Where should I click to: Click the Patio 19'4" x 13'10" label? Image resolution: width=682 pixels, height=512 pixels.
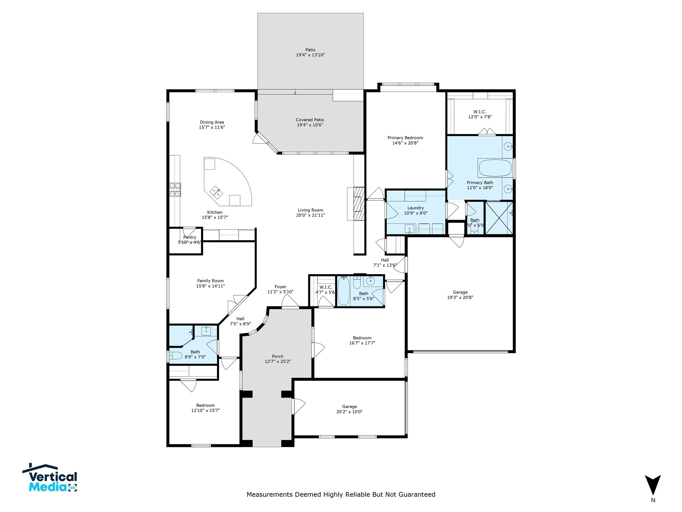310,52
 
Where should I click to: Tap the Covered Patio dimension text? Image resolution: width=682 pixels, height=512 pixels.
310,125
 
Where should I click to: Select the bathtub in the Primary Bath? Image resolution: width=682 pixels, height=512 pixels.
495,168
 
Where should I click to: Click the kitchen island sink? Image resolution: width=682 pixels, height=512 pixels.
215,192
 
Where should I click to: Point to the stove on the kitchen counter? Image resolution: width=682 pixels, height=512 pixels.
175,190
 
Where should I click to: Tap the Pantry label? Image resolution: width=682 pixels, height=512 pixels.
189,237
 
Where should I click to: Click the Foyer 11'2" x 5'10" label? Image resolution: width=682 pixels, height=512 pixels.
280,289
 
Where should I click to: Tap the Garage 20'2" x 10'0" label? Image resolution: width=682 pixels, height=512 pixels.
349,409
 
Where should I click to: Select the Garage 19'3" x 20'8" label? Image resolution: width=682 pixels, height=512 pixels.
460,295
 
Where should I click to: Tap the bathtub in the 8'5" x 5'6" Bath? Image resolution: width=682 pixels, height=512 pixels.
343,291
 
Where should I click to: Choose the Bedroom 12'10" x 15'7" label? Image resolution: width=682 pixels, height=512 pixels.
205,408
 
